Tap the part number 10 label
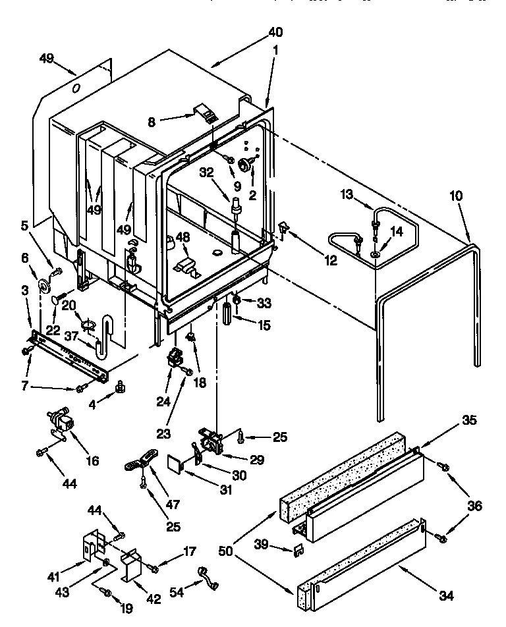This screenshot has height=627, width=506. coord(456,196)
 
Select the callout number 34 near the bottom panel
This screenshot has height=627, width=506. coord(447,596)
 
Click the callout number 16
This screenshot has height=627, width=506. coord(92,461)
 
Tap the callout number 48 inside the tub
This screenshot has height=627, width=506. coord(183,238)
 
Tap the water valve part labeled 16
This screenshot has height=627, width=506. coord(61,422)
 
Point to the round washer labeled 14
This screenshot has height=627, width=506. coord(375,254)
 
